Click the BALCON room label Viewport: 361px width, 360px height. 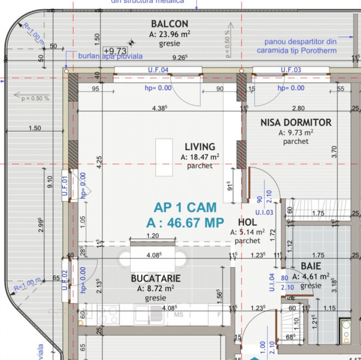169,23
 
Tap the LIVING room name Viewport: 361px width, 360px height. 200,147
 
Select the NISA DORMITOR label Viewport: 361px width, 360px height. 295,122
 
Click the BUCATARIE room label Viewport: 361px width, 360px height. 155,278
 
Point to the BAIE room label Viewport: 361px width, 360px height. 310,266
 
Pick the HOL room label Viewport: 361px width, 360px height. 247,222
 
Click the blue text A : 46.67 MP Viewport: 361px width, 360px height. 185,223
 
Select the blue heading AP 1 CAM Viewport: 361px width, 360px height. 185,207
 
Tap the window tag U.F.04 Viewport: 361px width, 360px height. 157,70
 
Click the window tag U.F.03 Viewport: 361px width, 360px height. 290,70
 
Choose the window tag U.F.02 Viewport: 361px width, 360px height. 64,280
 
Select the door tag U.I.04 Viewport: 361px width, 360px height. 272,282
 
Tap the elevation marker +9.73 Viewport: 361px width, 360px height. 115,50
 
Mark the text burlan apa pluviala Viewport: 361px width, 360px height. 110,56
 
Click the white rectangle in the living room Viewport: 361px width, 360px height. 164,156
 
